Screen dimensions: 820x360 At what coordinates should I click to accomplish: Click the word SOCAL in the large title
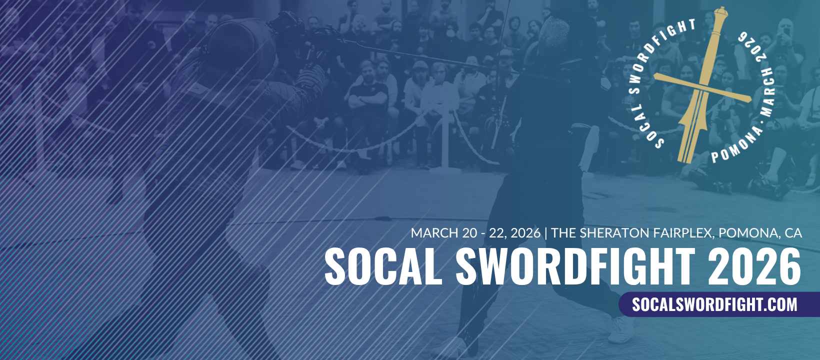pos(383,266)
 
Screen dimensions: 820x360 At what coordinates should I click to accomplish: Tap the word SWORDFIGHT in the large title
pos(575,266)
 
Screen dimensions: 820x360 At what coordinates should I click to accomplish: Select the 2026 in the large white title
pos(754,266)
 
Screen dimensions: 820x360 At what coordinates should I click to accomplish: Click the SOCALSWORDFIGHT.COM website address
pos(714,304)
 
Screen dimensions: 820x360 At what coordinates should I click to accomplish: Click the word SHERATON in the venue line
pos(613,233)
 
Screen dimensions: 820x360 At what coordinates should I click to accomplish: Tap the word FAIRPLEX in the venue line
pos(682,233)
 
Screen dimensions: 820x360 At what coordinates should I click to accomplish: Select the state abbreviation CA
pos(793,233)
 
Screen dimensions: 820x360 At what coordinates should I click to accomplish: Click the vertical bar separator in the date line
pos(546,233)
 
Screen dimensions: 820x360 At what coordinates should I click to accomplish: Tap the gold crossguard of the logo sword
pos(702,88)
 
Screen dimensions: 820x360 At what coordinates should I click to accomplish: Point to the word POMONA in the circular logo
pos(736,145)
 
